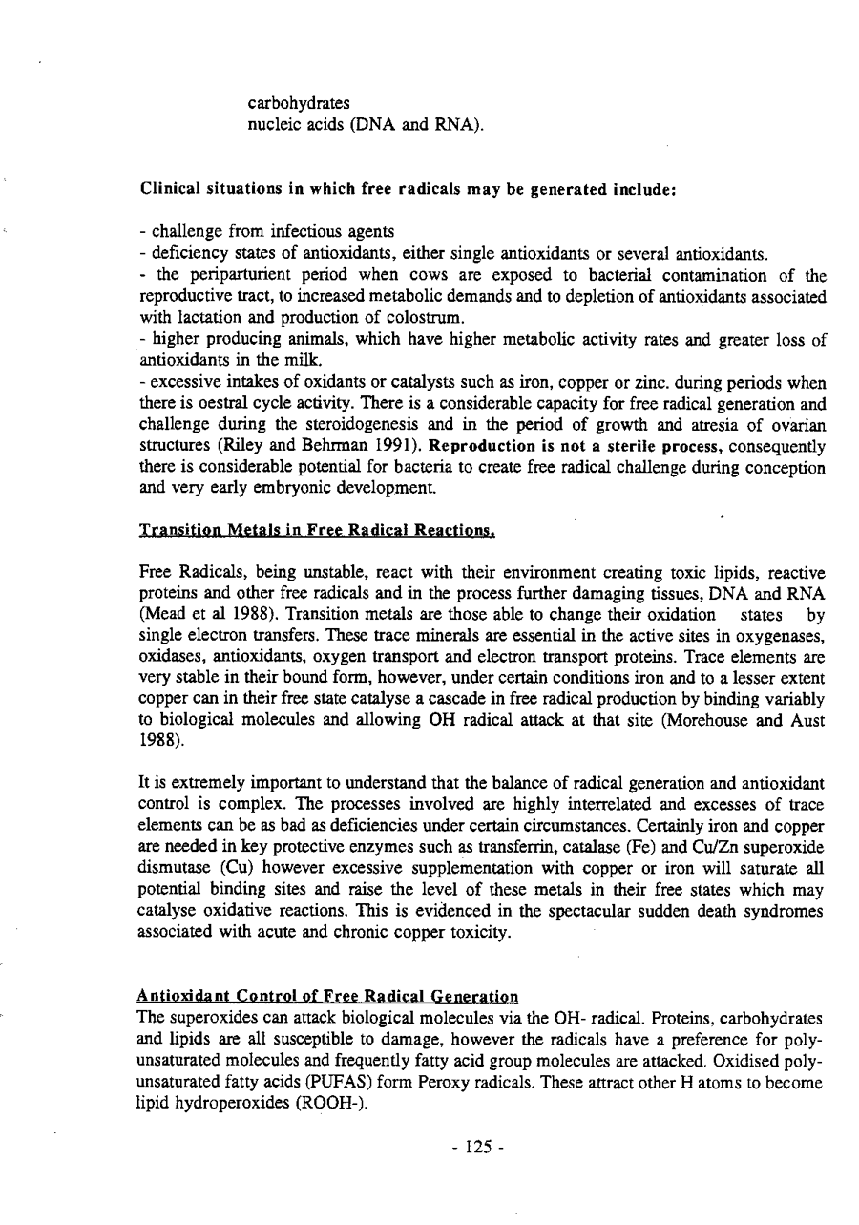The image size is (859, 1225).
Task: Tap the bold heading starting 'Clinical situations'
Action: coord(408,189)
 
